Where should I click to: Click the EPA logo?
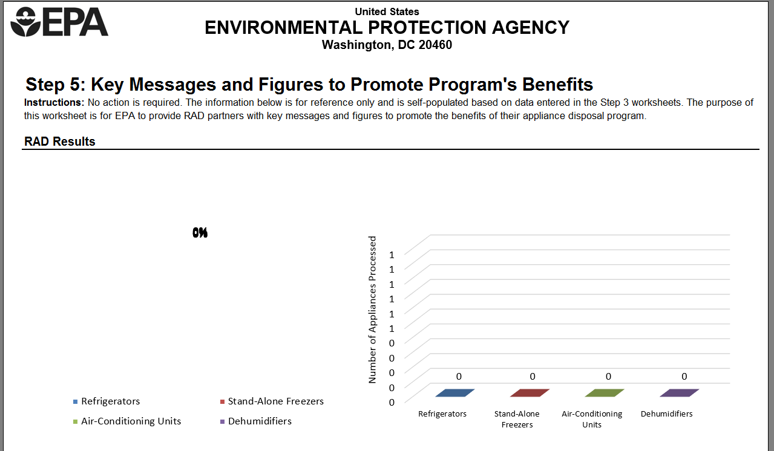click(59, 22)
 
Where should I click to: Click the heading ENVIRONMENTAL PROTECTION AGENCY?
click(387, 28)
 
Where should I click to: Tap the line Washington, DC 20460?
click(387, 45)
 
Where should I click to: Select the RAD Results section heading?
click(60, 141)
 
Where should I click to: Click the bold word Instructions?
click(54, 102)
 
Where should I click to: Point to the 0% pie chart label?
click(200, 233)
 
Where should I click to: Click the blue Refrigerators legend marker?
click(75, 401)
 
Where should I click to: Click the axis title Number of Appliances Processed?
click(373, 310)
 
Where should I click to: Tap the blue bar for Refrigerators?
click(454, 393)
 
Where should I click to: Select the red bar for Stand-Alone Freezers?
click(530, 393)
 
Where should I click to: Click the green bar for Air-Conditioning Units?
click(605, 393)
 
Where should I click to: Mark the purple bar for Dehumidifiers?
click(679, 393)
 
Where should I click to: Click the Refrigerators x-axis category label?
click(442, 414)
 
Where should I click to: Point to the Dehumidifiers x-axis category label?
click(666, 414)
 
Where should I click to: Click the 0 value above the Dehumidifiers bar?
click(684, 377)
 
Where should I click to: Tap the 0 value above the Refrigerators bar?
click(459, 377)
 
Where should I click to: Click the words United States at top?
click(387, 11)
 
